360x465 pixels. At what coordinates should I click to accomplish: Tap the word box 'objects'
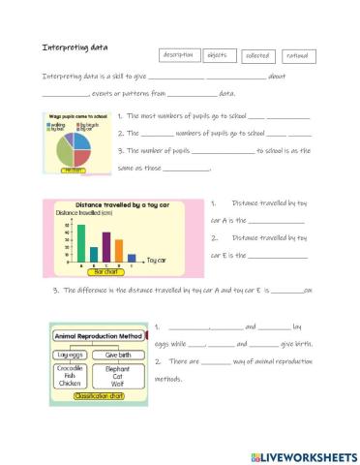217,55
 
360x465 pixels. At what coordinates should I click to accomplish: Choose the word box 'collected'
255,56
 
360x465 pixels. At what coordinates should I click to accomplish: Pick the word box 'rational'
296,55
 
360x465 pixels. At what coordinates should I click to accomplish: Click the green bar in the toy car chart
81,243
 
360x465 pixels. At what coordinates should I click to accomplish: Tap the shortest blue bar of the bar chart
132,259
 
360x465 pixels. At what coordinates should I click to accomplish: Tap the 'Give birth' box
117,355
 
